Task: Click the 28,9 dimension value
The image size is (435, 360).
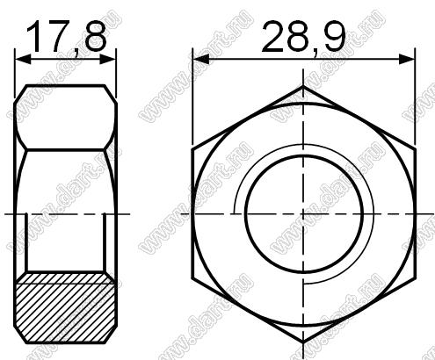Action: (x=303, y=38)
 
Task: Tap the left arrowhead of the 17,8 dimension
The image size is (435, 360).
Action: (x=23, y=60)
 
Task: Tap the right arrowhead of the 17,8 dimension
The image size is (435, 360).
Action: (x=108, y=60)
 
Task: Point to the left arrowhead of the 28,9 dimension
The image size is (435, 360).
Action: (x=201, y=60)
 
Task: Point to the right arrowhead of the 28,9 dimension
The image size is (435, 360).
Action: (x=407, y=60)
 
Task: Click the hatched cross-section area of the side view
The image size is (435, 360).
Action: (x=66, y=307)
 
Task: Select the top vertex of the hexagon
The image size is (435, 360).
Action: (x=303, y=86)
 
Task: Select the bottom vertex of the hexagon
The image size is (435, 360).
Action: (x=303, y=342)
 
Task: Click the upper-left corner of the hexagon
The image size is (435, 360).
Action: (x=192, y=149)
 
